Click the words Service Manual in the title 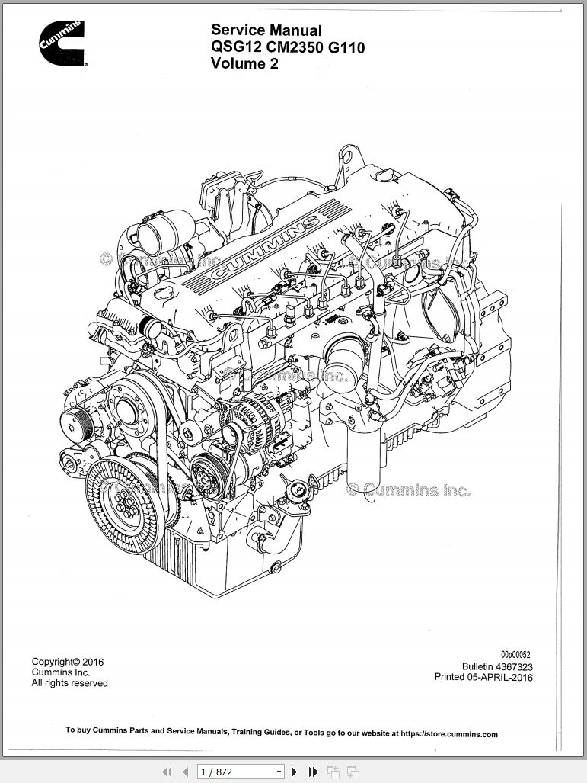266,30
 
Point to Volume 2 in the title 244,64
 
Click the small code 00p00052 515,655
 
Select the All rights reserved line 69,683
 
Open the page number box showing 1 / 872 240,772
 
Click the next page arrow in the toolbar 295,772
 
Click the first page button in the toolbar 167,772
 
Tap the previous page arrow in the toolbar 185,772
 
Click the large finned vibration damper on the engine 121,496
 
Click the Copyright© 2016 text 68,662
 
